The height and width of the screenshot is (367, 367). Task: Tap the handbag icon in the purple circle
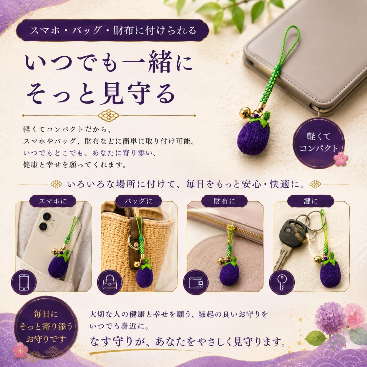pos(110,282)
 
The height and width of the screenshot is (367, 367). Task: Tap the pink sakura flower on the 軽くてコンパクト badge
pos(341,158)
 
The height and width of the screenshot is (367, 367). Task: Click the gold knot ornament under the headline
pos(108,115)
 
